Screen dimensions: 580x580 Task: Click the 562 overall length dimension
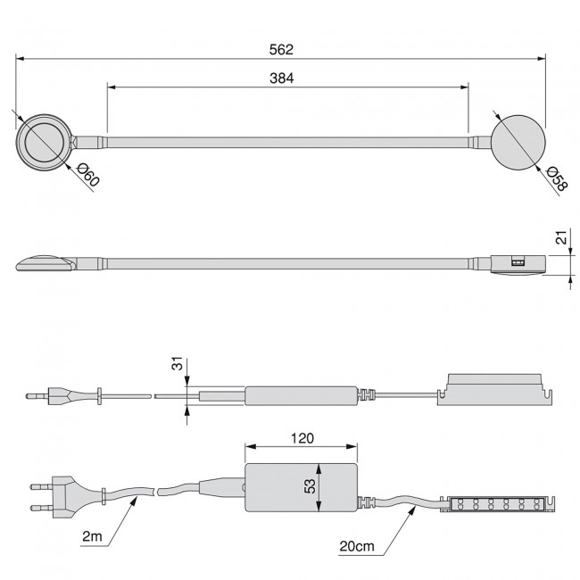pos(281,49)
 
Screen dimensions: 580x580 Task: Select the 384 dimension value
pos(282,78)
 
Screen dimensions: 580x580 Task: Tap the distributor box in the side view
pos(493,389)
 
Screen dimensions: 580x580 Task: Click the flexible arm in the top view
pos(286,141)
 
